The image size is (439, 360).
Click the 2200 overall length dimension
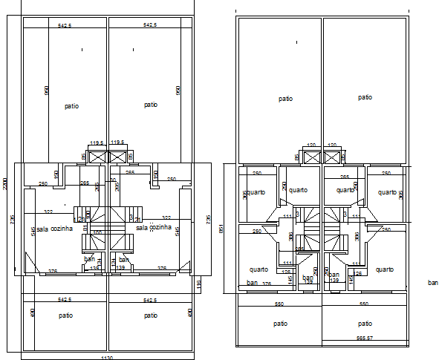pyautogui.click(x=4, y=184)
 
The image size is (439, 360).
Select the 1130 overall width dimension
pyautogui.click(x=107, y=356)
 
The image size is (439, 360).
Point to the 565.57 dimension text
pyautogui.click(x=364, y=338)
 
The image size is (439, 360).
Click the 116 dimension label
pyautogui.click(x=200, y=284)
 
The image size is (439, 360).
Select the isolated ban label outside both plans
pyautogui.click(x=433, y=282)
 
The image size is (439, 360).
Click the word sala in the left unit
pyautogui.click(x=42, y=229)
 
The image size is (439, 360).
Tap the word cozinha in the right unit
pyautogui.click(x=160, y=227)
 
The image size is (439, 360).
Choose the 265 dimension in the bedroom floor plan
pyautogui.click(x=344, y=177)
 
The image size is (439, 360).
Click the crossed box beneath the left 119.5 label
pyautogui.click(x=97, y=157)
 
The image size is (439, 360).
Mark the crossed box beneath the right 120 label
pyautogui.click(x=333, y=156)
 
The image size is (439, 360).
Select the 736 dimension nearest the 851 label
pyautogui.click(x=209, y=220)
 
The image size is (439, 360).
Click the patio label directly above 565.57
pyautogui.click(x=364, y=324)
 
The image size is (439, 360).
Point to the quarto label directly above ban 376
pyautogui.click(x=258, y=269)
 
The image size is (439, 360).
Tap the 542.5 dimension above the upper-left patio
pyautogui.click(x=65, y=25)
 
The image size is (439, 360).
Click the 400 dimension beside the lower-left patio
pyautogui.click(x=33, y=313)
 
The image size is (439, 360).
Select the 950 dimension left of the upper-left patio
pyautogui.click(x=46, y=91)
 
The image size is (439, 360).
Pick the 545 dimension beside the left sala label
pyautogui.click(x=33, y=232)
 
